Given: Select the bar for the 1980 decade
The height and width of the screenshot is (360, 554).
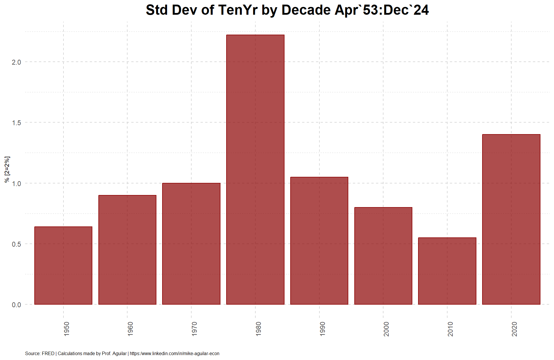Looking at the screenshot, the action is pos(255,170).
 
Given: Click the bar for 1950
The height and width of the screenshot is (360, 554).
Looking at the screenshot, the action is pos(63,265).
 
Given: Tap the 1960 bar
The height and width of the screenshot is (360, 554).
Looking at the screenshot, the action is pos(127,250).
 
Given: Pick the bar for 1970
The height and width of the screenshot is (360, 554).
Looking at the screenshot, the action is pos(191,244).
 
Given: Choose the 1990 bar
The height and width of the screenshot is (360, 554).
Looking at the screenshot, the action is pos(319,241).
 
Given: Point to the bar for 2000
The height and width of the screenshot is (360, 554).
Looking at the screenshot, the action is pos(383,256).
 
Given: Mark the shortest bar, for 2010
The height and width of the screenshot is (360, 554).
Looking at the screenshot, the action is pos(447,271).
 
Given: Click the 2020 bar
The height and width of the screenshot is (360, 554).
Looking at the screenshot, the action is pos(511,219).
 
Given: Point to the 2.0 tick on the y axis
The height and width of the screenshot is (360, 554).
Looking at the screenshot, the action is pos(16,62).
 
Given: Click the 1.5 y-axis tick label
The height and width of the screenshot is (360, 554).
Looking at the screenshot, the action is pos(16,123).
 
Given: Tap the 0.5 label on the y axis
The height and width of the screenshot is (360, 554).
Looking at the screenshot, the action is pos(16,244).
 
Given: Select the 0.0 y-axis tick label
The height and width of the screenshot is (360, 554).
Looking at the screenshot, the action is pos(16,305).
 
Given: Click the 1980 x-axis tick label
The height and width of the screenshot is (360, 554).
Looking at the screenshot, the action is pos(258,329).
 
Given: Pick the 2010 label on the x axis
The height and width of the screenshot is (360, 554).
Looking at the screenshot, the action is pos(450,329).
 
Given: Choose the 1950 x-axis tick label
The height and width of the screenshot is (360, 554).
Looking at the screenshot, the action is pos(66,329).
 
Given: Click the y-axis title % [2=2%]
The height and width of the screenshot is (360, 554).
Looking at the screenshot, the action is pos(7,170).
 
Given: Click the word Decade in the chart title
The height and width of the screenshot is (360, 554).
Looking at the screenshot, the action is pos(306,10).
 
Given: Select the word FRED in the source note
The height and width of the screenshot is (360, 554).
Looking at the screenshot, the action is pos(48,353).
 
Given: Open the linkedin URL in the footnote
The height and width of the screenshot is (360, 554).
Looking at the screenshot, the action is pos(175,353).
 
